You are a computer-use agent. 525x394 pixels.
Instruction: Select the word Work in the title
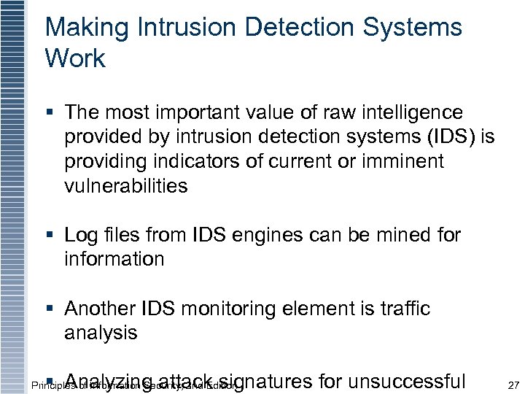[x=75, y=59]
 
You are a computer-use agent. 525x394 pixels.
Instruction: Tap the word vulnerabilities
[x=126, y=185]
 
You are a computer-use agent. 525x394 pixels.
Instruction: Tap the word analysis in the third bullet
[x=101, y=333]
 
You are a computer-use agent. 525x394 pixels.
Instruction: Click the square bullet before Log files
[x=50, y=236]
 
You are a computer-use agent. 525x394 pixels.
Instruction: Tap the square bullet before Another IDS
[x=50, y=309]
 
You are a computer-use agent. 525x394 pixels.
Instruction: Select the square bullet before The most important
[x=50, y=113]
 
